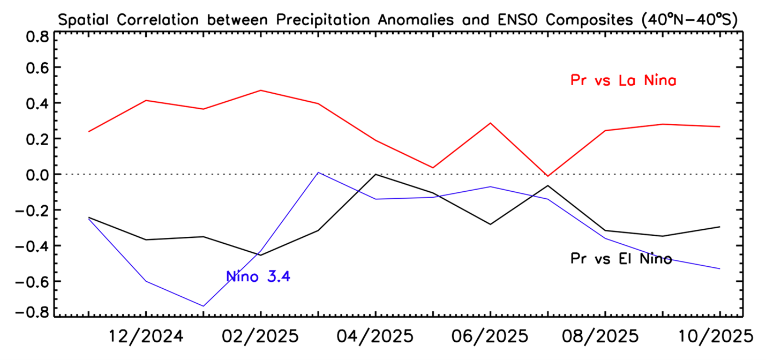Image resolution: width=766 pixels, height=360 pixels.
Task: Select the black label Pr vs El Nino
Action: point(620,259)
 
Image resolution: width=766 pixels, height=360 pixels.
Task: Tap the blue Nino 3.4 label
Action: point(258,276)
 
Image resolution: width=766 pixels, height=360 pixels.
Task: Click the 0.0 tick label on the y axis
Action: point(37,175)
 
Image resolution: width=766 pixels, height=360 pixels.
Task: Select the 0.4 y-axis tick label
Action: point(37,103)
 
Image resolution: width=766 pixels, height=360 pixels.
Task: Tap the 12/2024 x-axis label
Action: point(146,337)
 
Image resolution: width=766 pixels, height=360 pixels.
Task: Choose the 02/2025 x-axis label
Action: point(261,337)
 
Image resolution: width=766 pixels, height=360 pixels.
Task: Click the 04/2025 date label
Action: point(376,337)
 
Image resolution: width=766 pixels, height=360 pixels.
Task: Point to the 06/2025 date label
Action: point(490,337)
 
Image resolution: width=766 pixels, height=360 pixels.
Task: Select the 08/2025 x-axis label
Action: point(605,337)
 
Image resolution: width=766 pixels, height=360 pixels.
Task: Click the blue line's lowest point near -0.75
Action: point(204,306)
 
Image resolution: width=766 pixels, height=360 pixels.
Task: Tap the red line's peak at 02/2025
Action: point(261,91)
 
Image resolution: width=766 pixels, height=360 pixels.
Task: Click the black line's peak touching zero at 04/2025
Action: point(376,174)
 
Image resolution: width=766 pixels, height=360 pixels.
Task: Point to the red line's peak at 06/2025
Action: point(490,123)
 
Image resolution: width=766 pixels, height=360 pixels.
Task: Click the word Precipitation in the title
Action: point(321,20)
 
